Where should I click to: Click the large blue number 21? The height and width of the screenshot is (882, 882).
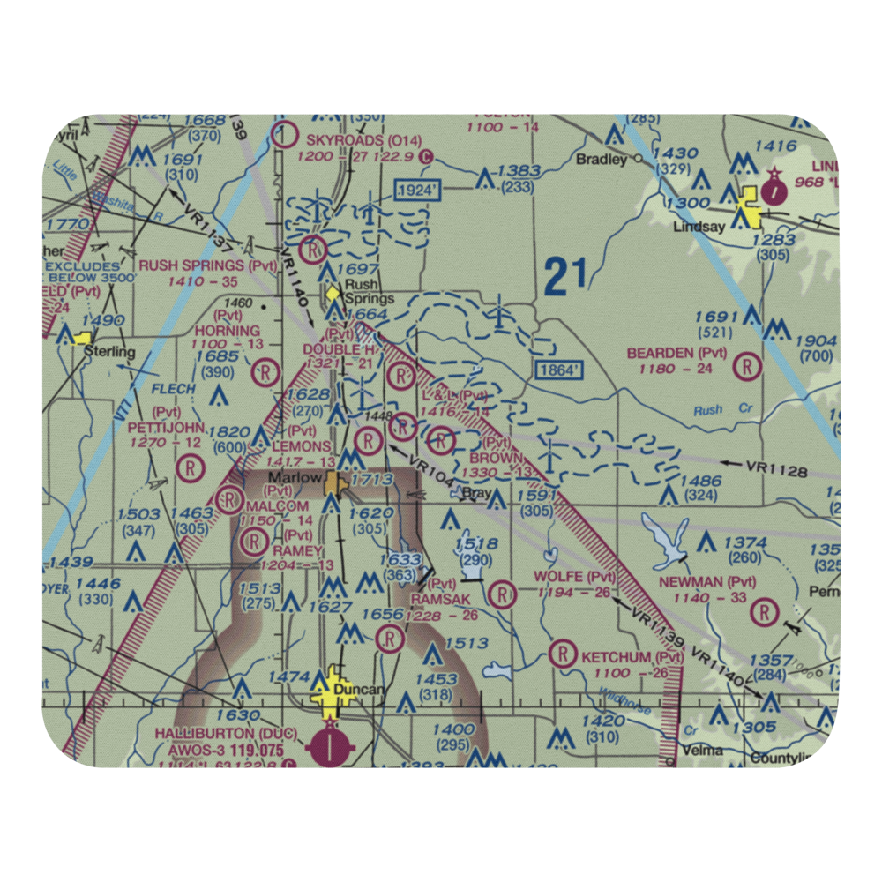tap(565, 277)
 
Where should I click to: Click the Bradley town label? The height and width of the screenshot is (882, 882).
tap(601, 160)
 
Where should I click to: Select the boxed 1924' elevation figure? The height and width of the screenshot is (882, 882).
tap(417, 191)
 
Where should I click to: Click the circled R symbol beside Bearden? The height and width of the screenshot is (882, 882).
tap(748, 364)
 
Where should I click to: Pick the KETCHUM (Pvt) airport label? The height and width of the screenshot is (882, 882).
tap(632, 657)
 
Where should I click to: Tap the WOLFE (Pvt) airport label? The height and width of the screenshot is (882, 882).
tap(575, 577)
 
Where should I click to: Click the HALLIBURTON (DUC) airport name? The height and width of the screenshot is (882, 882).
tap(210, 733)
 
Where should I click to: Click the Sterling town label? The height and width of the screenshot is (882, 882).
tap(109, 352)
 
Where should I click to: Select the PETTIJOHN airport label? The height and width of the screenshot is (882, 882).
tap(166, 427)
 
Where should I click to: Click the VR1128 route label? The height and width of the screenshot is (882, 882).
tap(776, 471)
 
